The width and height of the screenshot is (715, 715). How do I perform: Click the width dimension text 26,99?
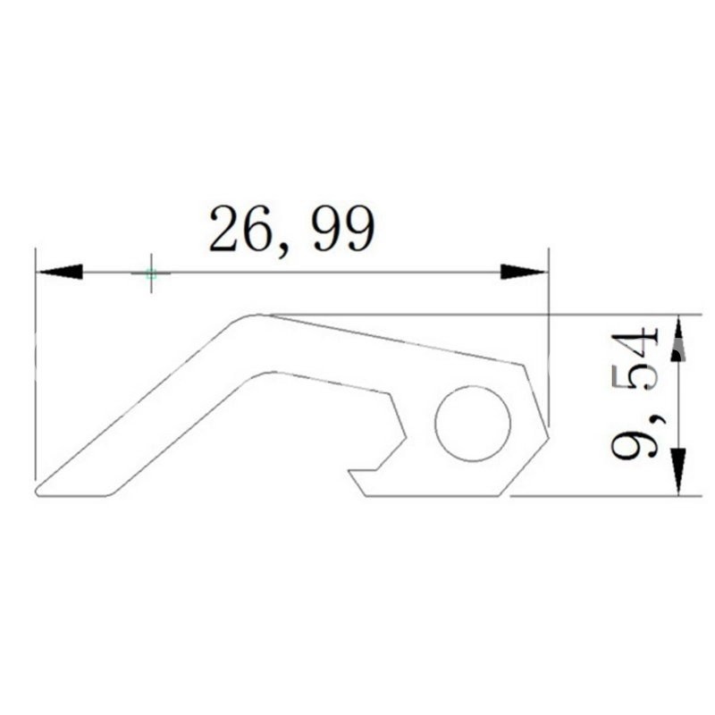click(292, 231)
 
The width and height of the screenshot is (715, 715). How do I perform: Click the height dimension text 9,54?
click(635, 393)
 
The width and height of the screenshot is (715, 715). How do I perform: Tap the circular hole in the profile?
click(473, 423)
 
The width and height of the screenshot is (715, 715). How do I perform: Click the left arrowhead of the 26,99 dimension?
click(61, 272)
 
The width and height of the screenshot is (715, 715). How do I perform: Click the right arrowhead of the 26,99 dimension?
click(523, 272)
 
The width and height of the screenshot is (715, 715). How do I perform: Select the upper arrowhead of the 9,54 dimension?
click(678, 340)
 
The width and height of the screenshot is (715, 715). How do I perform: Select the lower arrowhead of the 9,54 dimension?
click(678, 471)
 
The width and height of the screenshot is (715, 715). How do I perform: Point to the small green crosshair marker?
click(151, 274)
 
